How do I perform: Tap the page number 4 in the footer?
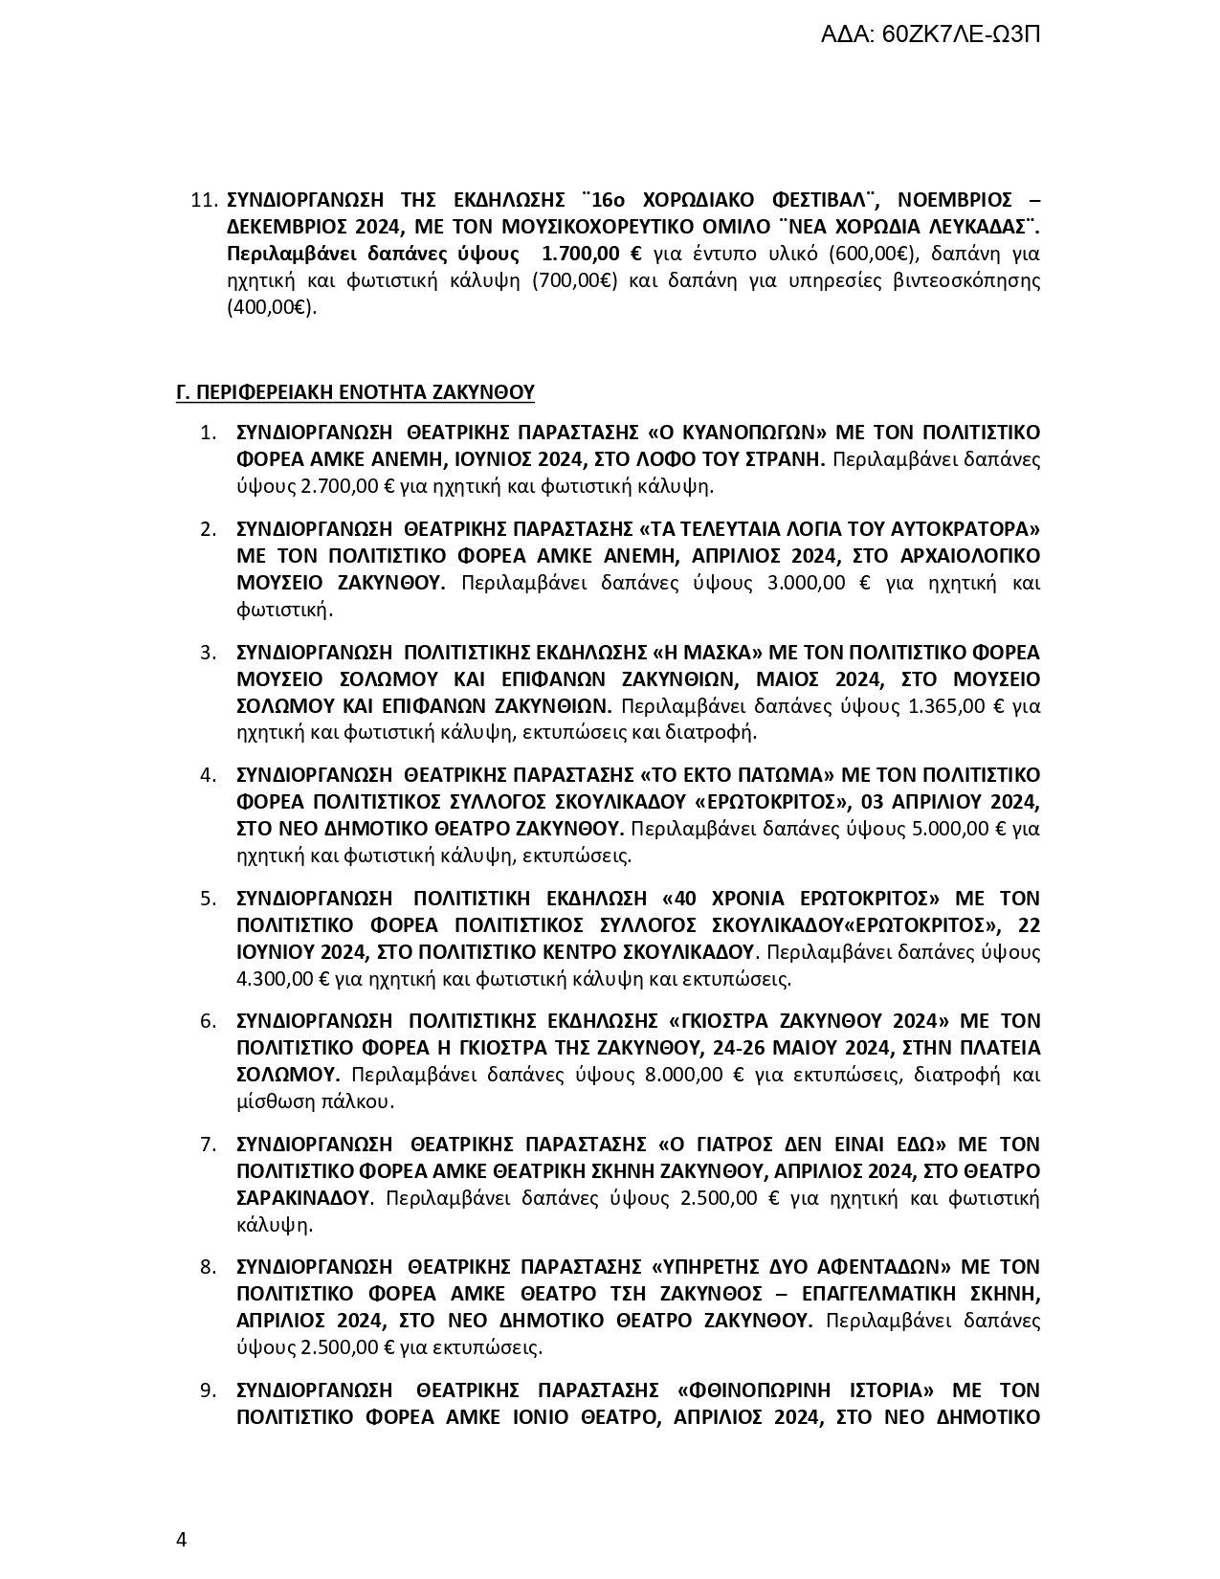coord(182,1540)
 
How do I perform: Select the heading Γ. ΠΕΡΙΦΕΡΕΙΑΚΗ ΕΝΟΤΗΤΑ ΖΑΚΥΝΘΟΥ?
coord(355,392)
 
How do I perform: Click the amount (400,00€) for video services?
coord(272,308)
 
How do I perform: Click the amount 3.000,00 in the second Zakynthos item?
coord(807,583)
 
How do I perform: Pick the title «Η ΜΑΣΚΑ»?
coord(706,652)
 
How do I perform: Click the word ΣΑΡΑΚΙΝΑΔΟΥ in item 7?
coord(302,1198)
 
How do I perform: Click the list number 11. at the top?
coord(205,200)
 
